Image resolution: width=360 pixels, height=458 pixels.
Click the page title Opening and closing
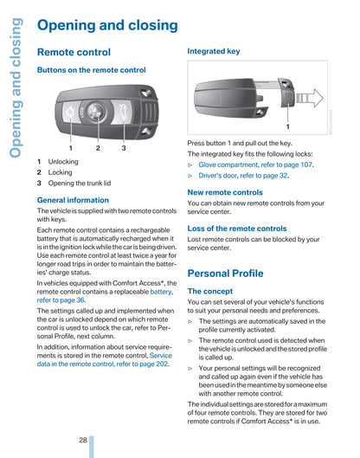tap(107, 25)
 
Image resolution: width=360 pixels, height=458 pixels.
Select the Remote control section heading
tap(74, 52)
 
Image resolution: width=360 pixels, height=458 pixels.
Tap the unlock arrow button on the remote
tap(70, 113)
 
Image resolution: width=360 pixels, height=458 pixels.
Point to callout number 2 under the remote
tap(98, 148)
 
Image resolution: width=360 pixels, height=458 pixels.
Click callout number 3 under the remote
tap(124, 148)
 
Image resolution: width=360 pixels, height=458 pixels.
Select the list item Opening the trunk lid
tap(80, 184)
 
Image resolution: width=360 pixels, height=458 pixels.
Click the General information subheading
tap(73, 200)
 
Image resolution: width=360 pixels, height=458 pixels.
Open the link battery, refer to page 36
tap(105, 296)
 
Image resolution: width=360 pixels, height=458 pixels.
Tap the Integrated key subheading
tap(214, 51)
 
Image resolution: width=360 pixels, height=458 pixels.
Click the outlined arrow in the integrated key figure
tap(310, 98)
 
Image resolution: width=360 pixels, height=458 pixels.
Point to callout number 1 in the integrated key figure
tap(288, 126)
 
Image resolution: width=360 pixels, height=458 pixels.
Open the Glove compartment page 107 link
tap(255, 164)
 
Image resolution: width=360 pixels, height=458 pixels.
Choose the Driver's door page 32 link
tap(243, 176)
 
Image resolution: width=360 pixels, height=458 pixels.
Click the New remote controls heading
tap(225, 192)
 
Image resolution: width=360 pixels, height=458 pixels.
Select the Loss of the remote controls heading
tap(237, 229)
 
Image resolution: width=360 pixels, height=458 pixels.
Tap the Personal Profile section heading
tap(225, 274)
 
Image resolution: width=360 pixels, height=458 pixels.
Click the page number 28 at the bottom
tap(83, 440)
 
